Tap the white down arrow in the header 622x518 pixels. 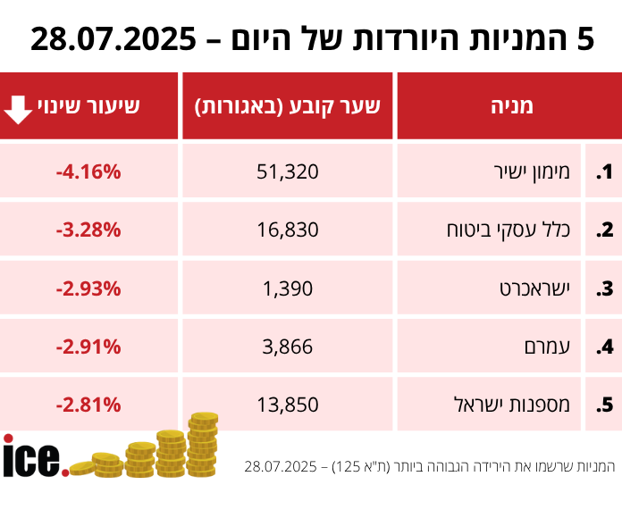click(x=18, y=107)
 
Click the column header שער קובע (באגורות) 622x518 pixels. click(x=288, y=106)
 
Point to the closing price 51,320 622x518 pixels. click(x=288, y=171)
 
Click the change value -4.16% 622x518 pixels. click(x=88, y=171)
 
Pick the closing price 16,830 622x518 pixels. click(x=288, y=230)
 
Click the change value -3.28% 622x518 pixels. click(x=88, y=230)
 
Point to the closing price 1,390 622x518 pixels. click(x=288, y=288)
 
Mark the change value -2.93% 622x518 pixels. click(x=88, y=288)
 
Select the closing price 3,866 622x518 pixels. click(x=288, y=347)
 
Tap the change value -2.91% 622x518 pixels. click(x=88, y=347)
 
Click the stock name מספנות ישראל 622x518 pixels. click(x=519, y=405)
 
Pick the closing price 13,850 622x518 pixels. click(x=288, y=405)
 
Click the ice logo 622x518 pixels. click(x=34, y=456)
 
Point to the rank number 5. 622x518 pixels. click(x=605, y=405)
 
